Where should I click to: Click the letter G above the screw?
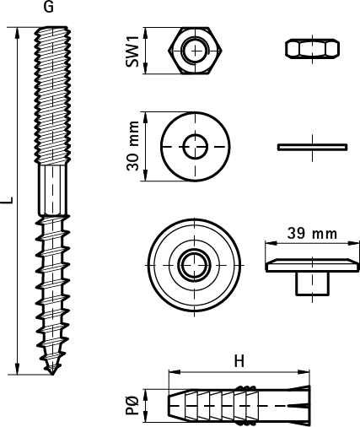pos(49,7)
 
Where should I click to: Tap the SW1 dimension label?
pos(132,51)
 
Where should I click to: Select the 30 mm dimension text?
pos(132,146)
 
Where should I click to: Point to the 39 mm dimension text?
pos(312,234)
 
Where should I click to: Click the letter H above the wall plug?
pos(239,361)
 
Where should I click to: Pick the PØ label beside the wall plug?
pos(132,405)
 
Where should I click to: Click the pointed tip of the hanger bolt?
pos(52,374)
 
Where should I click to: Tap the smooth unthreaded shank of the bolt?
pos(52,190)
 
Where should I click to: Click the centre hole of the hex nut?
pos(196,51)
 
